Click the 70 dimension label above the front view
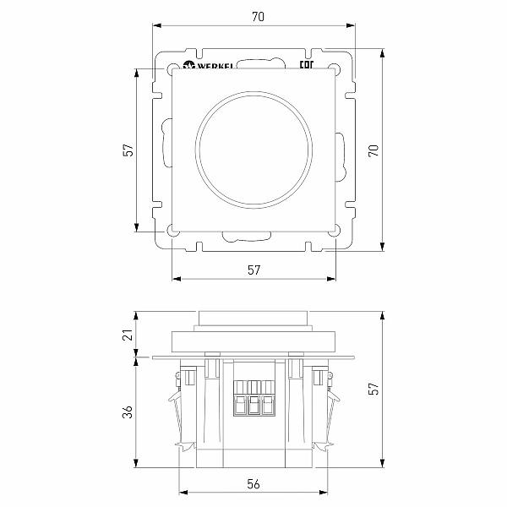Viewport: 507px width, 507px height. tap(258, 17)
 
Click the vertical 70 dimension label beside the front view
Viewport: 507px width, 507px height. tap(373, 150)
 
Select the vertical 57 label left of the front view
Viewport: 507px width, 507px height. tap(128, 150)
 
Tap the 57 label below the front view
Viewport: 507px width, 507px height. tap(253, 270)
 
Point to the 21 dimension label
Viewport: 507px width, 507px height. tap(128, 335)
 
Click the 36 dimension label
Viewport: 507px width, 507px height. tap(128, 412)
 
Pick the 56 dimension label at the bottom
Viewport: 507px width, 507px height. tap(253, 484)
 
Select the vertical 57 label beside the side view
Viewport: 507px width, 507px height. tap(373, 389)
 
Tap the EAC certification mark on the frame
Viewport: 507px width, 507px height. tap(307, 65)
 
